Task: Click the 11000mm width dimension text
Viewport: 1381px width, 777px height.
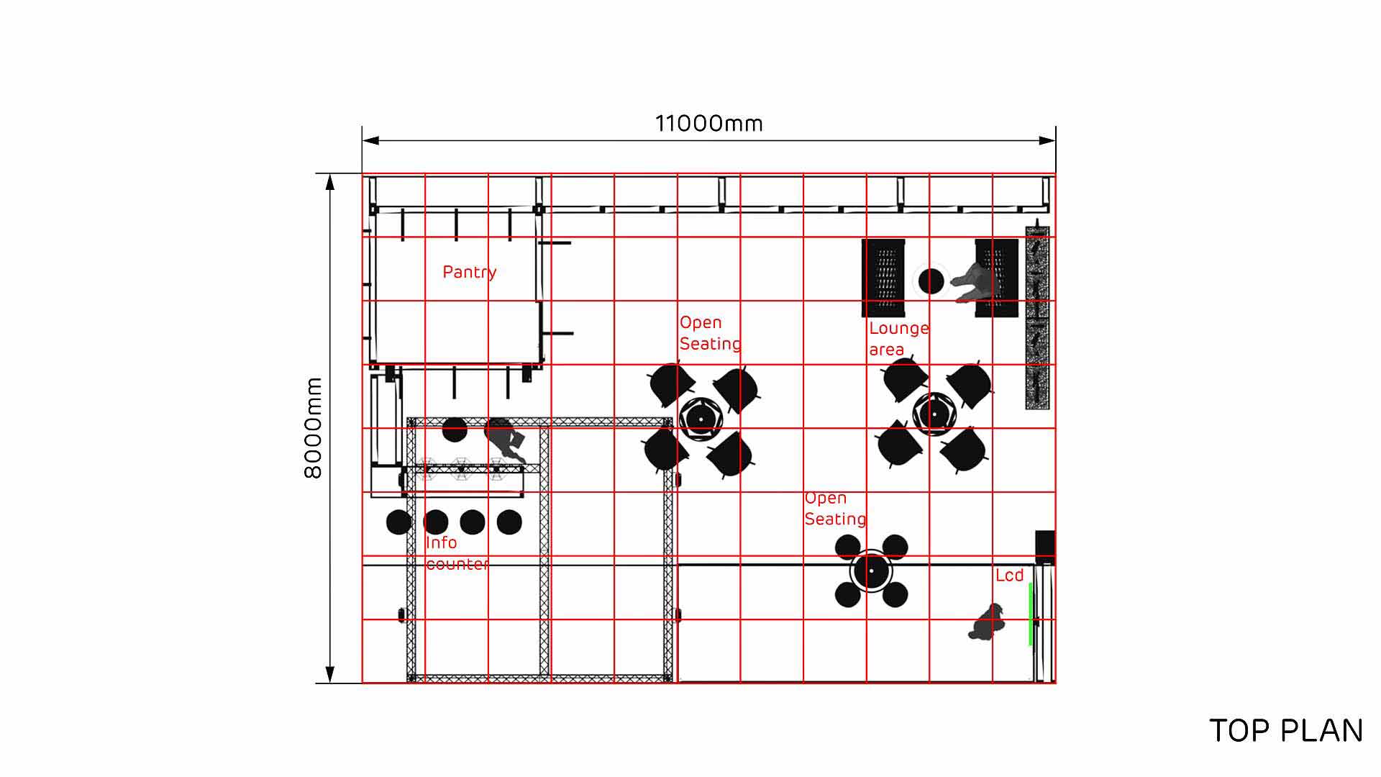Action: point(708,124)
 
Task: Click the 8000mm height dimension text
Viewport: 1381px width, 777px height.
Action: point(313,428)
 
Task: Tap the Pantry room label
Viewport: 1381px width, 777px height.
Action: point(469,272)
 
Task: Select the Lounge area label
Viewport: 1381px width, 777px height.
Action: point(898,339)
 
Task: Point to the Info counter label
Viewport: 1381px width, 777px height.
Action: point(457,553)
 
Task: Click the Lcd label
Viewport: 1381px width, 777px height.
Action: point(1009,576)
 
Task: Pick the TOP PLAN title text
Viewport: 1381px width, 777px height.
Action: point(1286,731)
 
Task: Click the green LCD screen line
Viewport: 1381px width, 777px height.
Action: point(1031,614)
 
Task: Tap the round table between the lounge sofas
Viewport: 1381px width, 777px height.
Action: point(931,281)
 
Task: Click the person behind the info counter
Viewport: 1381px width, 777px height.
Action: point(505,439)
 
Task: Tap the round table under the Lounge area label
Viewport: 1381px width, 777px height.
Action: point(934,414)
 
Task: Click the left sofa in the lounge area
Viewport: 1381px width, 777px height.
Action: point(883,278)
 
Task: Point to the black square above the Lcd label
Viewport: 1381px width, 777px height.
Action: point(1045,547)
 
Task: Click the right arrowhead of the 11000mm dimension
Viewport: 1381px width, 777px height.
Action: point(1048,141)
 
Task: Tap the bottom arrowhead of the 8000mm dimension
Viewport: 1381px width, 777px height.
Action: point(330,675)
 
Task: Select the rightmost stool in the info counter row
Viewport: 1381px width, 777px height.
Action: point(509,522)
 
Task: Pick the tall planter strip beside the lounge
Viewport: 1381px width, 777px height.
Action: point(1037,318)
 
